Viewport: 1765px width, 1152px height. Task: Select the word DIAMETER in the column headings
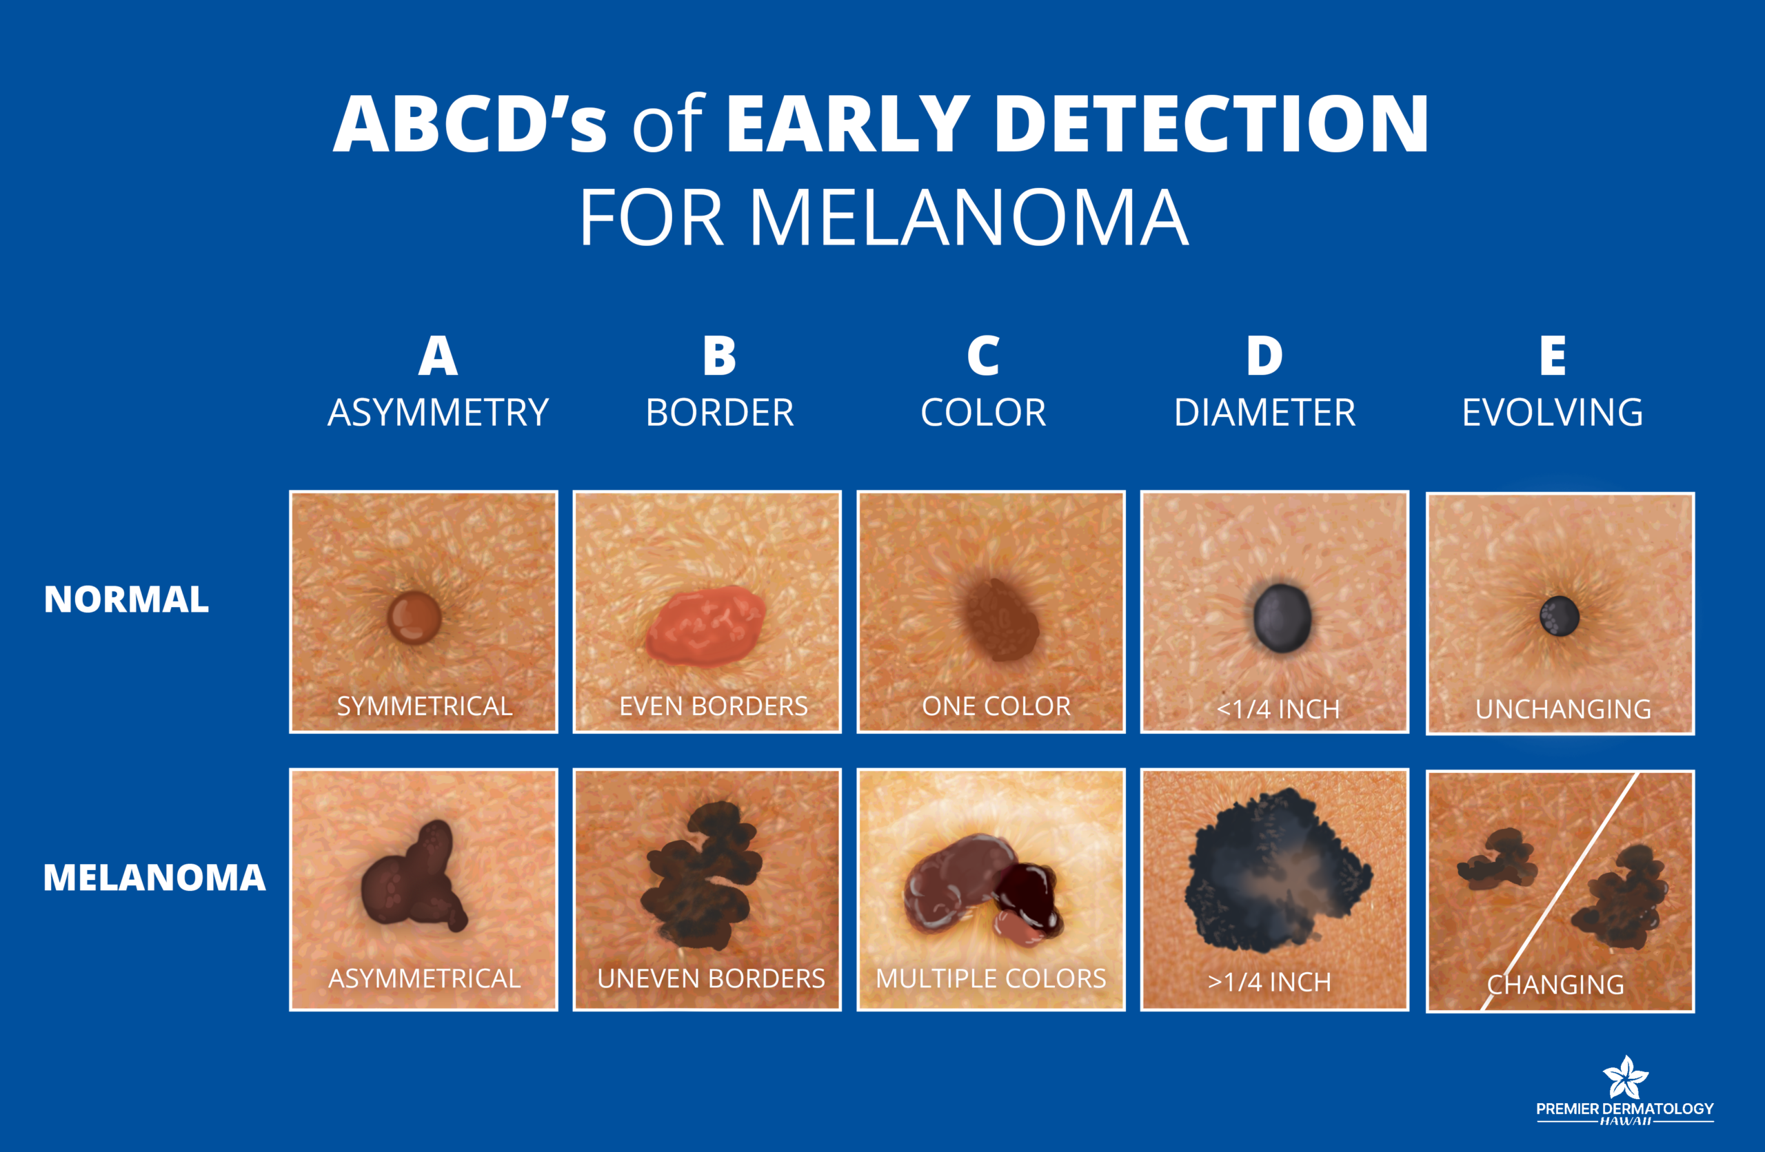(1264, 412)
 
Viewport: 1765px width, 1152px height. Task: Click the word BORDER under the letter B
(719, 412)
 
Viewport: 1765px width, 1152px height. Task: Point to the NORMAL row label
(126, 599)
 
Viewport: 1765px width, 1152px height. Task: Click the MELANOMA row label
(154, 878)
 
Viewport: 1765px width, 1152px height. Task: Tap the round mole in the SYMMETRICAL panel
(414, 617)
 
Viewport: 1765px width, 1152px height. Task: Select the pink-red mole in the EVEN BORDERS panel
(705, 625)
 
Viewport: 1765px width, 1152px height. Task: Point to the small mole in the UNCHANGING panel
(1559, 616)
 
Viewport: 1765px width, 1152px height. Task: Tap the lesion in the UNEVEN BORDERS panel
(700, 876)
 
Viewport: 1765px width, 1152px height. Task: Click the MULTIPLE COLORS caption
(991, 978)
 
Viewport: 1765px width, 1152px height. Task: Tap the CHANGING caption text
(1556, 985)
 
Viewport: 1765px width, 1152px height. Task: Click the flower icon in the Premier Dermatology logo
(1626, 1077)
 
